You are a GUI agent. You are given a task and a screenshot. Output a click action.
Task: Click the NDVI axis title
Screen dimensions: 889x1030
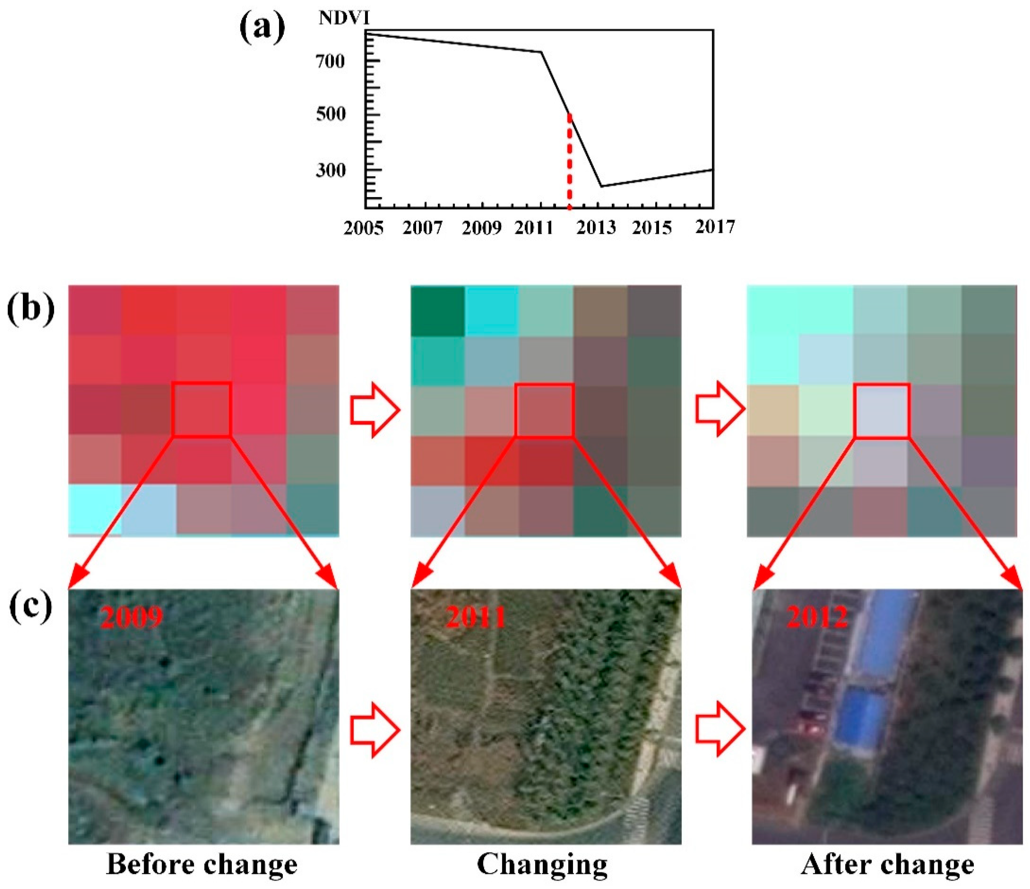point(344,18)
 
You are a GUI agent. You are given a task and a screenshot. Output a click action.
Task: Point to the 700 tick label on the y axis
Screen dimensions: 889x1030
point(331,62)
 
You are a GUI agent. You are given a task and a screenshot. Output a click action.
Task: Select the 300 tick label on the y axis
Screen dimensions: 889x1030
point(331,170)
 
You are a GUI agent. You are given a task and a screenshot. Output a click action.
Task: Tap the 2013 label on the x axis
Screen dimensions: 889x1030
point(597,228)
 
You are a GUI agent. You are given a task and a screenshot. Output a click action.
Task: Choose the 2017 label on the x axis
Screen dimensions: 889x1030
point(714,227)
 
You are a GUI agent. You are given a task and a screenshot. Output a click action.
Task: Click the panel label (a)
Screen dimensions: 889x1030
point(262,28)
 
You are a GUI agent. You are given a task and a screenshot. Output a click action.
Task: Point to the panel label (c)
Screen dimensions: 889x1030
point(31,607)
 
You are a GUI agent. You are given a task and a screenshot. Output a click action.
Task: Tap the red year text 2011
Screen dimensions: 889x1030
point(476,617)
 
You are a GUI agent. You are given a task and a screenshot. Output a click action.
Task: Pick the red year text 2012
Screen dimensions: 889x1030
point(817,617)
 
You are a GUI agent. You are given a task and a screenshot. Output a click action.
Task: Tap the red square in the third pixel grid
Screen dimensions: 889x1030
point(881,410)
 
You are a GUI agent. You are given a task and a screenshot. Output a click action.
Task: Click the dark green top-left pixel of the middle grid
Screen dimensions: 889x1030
point(438,311)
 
